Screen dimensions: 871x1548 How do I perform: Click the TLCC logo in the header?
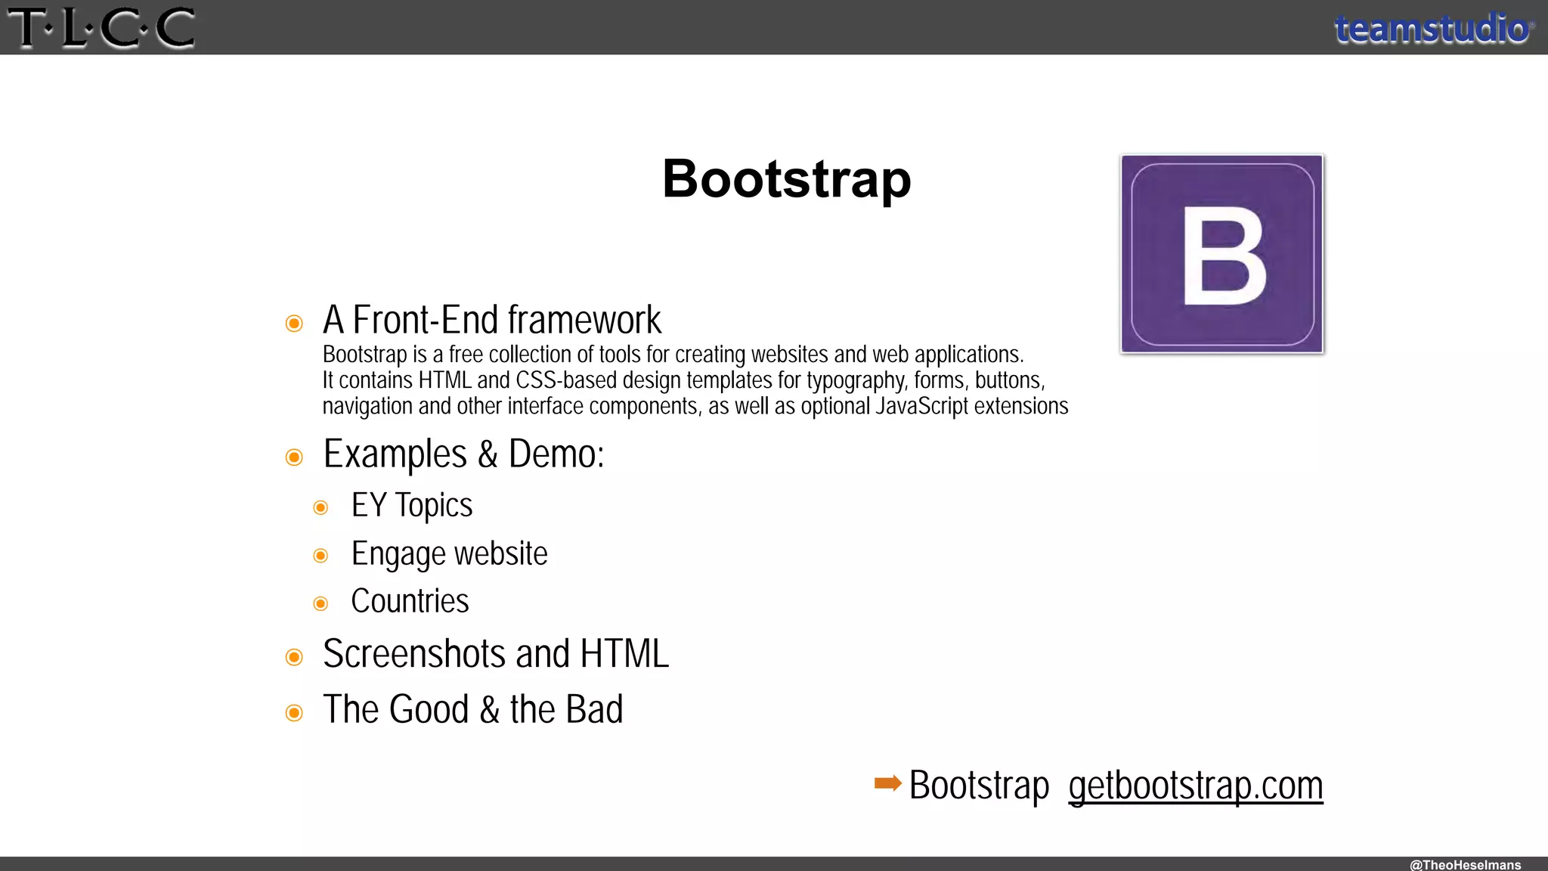tap(101, 28)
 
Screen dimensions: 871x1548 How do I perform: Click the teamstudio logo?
tap(1433, 29)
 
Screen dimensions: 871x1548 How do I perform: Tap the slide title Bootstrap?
tap(787, 179)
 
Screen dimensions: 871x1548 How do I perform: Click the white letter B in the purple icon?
tap(1224, 256)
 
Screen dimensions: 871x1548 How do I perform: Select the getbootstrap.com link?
tap(1195, 786)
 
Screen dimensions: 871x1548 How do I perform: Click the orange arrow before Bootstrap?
tap(887, 783)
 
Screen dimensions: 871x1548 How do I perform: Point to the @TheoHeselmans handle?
tap(1465, 864)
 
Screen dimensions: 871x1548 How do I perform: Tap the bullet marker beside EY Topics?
tap(320, 507)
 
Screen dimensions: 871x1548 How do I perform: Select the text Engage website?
tap(449, 554)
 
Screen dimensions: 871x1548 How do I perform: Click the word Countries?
tap(410, 601)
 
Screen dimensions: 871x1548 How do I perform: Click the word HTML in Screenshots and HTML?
tap(624, 654)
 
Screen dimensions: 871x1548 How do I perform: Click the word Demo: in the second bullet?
tap(556, 454)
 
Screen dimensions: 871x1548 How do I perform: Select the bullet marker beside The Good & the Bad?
tap(294, 713)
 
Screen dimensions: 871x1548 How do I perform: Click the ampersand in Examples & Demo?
tap(488, 454)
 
